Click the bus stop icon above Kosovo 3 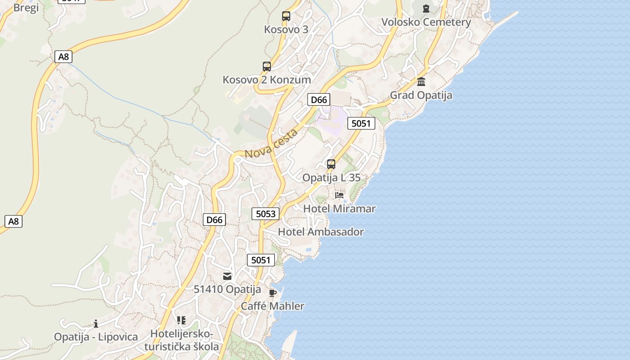click(x=286, y=16)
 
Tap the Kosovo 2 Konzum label click(x=267, y=80)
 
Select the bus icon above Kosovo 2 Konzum click(x=267, y=67)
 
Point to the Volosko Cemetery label click(x=426, y=22)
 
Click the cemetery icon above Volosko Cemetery click(x=426, y=8)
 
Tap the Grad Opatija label click(x=421, y=95)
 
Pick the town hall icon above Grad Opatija click(x=421, y=81)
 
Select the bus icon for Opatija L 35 click(x=331, y=164)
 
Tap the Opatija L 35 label click(x=331, y=178)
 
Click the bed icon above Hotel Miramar click(x=339, y=195)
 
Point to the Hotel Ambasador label click(x=321, y=232)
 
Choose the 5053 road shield click(x=265, y=214)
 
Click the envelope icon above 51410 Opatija click(x=227, y=276)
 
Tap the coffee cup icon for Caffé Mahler click(x=272, y=293)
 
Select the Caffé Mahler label click(x=272, y=306)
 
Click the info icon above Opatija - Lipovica click(x=96, y=324)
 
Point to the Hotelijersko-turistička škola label click(x=182, y=340)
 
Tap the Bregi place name click(x=26, y=8)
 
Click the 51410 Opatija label click(x=227, y=289)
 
